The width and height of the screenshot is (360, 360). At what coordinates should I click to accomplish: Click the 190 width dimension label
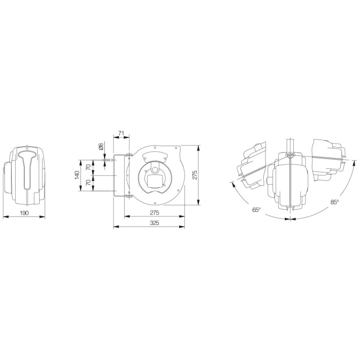click(x=24, y=213)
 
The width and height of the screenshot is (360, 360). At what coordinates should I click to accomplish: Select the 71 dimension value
click(x=121, y=133)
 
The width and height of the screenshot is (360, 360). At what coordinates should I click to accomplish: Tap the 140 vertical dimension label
click(x=77, y=175)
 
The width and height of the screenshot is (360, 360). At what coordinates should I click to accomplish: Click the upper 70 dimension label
click(x=88, y=167)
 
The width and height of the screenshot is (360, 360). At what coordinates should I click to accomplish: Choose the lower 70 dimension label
click(x=88, y=183)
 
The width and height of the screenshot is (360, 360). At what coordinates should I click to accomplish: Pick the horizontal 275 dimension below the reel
click(x=154, y=213)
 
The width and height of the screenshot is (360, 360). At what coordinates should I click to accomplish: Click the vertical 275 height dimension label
click(x=195, y=175)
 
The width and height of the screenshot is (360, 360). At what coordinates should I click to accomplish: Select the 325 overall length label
click(x=154, y=223)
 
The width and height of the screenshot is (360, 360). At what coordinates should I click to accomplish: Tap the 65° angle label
click(x=256, y=210)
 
